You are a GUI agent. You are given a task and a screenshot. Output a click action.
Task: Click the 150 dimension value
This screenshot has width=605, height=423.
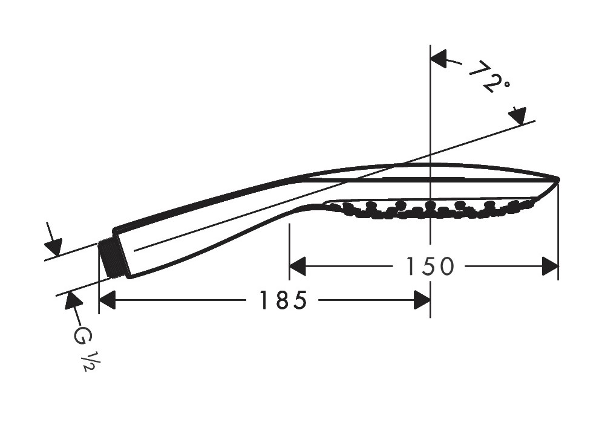[x=430, y=266]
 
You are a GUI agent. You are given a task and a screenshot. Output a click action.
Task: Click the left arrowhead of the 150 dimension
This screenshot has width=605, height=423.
[x=297, y=266]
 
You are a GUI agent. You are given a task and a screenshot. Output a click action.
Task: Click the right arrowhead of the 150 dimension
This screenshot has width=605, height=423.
[x=550, y=266]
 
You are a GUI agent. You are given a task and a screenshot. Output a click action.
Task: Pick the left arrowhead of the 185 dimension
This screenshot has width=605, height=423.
[x=107, y=300]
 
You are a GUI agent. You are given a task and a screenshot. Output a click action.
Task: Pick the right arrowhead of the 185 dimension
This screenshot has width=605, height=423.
[x=422, y=300]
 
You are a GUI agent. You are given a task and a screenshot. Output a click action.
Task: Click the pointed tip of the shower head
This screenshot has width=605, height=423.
[x=558, y=178]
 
